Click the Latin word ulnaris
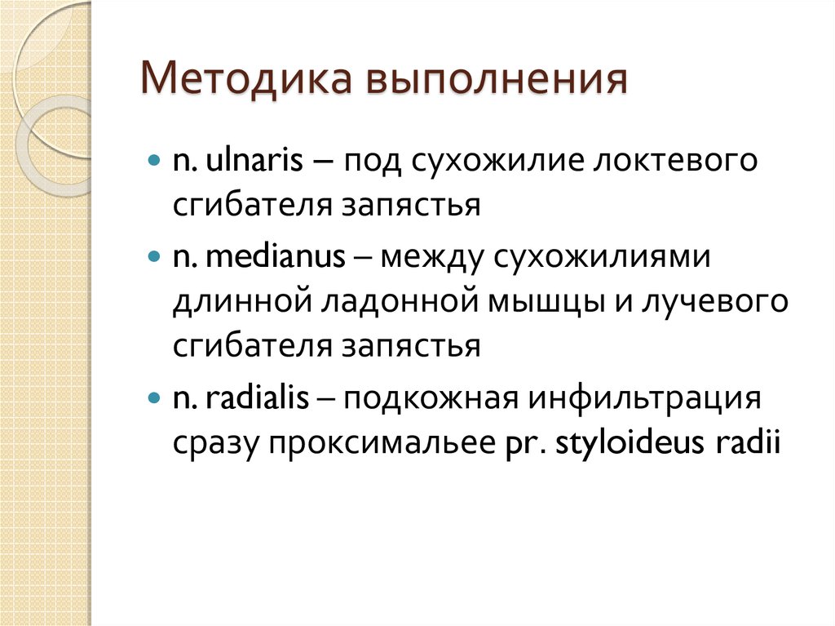248,160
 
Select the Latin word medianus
276,256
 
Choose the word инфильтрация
645,400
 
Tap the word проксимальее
378,446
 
